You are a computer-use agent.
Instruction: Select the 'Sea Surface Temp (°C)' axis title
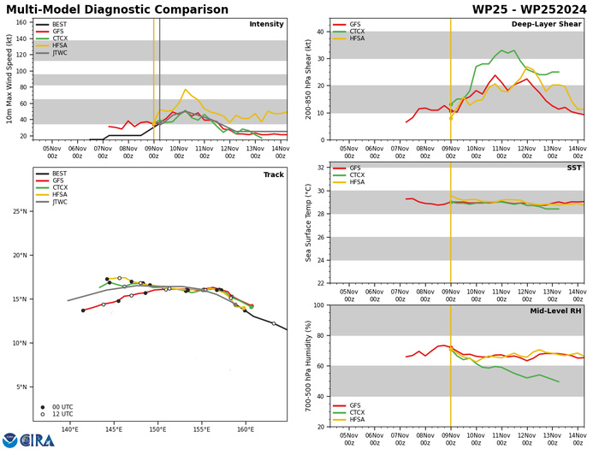(308, 222)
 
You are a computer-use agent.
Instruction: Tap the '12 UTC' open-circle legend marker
(43, 415)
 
